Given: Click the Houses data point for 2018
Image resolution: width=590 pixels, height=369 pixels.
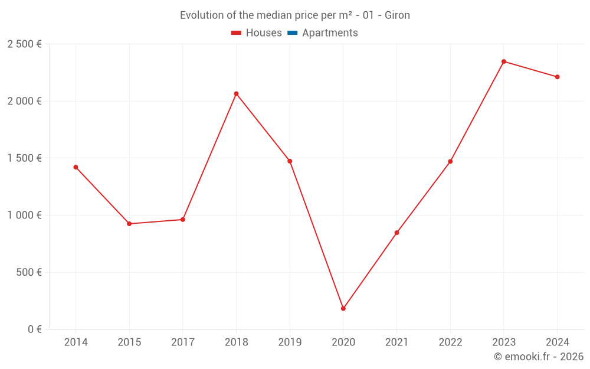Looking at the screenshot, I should pos(236,94).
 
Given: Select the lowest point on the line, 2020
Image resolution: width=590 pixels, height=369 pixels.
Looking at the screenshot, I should pos(343,308).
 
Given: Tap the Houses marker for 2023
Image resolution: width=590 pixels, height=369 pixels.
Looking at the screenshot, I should pos(504,61).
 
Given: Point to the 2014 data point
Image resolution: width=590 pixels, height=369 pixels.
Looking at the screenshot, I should pos(76,167).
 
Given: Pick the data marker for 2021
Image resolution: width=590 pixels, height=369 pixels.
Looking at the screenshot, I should pos(396,233).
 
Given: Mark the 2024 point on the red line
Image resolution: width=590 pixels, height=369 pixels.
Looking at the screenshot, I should pos(557,77).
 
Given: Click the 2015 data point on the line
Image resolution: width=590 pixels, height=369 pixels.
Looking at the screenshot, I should pos(129,224).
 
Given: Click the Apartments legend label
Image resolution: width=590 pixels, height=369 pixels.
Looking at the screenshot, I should pos(330,33).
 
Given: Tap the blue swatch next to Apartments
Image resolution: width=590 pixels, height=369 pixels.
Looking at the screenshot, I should pos(292,33).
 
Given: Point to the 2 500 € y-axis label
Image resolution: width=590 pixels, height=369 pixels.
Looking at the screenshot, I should pos(25,44).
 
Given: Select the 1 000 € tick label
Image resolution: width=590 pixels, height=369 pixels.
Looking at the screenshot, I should pos(25,215).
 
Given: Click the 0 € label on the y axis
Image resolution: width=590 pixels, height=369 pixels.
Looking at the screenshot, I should pos(34,329).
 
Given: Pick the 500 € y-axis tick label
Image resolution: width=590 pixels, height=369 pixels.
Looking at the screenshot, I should pos(28,272).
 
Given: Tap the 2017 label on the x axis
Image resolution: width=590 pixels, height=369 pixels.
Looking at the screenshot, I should pos(183,342).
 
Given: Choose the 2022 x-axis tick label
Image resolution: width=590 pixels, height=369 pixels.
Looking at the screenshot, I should pos(450,342).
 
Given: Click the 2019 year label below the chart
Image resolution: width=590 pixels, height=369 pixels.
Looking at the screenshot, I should pos(290,342).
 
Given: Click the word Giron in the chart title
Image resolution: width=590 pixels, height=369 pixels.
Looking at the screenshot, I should pos(397,15).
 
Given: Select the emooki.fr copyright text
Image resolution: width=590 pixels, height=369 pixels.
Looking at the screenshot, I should pos(538,357).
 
